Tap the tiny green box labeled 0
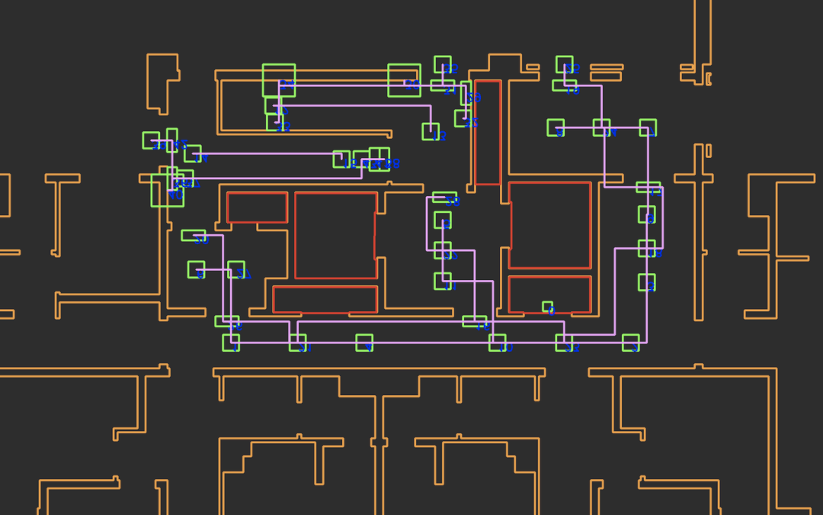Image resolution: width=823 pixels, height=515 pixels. point(547,307)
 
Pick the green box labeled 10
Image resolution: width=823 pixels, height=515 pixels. point(497,343)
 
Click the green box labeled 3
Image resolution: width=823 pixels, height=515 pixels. point(630,343)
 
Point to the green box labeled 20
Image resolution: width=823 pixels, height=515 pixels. point(404,80)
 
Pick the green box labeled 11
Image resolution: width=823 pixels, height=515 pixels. point(297,343)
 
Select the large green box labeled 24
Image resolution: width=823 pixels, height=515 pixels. point(279,80)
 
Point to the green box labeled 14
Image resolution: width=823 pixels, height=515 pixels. point(193,153)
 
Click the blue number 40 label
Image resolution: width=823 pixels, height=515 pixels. point(176,195)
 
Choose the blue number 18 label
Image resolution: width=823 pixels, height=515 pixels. point(572,91)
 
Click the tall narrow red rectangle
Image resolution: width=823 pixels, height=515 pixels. point(488,132)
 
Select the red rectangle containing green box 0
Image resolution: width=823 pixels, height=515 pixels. point(549,295)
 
